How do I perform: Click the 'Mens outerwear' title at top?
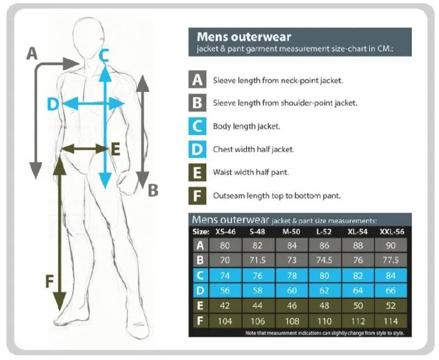click(x=244, y=37)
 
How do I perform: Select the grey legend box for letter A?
click(x=197, y=79)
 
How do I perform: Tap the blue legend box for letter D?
click(x=197, y=149)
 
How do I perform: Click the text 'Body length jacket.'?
click(x=246, y=126)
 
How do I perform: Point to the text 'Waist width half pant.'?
click(x=251, y=172)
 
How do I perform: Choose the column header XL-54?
click(x=358, y=231)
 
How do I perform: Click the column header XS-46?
click(x=225, y=231)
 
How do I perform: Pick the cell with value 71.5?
click(x=258, y=260)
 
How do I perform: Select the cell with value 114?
click(x=391, y=321)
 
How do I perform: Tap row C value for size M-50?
click(x=292, y=276)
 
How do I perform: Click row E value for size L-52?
click(x=324, y=305)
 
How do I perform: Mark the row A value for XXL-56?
click(x=391, y=245)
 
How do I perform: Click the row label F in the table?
click(x=200, y=321)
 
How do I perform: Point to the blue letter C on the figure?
click(x=104, y=55)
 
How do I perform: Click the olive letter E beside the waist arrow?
click(x=115, y=149)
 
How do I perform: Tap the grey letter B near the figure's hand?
click(x=153, y=190)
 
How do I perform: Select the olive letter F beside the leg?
click(x=49, y=281)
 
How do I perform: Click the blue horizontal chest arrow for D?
click(x=93, y=104)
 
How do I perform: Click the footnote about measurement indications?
click(x=325, y=333)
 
